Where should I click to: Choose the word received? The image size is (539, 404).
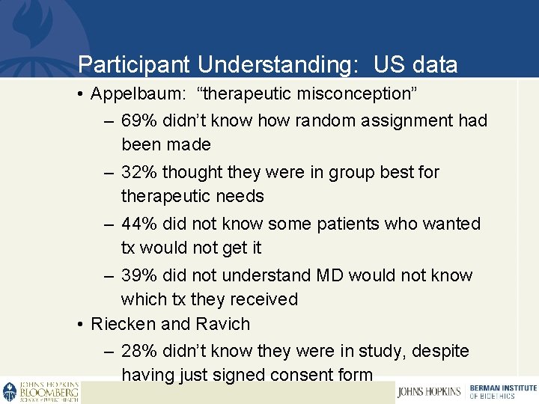[x=263, y=299]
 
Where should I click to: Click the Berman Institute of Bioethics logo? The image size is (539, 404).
[x=502, y=391]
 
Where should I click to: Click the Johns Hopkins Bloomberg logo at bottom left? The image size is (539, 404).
[x=40, y=392]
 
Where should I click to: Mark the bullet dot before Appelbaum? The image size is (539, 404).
[x=80, y=95]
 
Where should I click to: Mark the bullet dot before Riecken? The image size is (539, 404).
[x=80, y=325]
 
